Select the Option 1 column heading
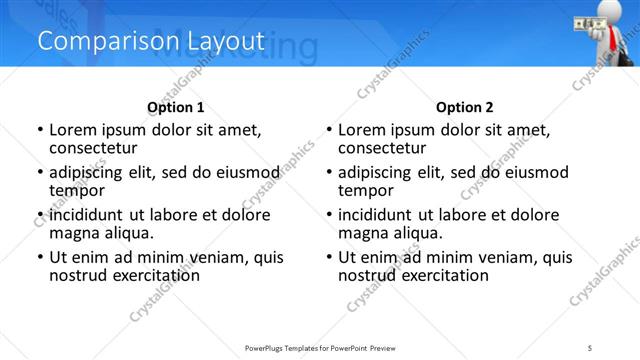tap(175, 107)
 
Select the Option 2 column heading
tap(464, 107)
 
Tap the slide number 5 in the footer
tap(591, 348)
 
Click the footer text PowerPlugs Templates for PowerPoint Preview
tap(319, 348)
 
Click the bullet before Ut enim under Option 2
tap(329, 257)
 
